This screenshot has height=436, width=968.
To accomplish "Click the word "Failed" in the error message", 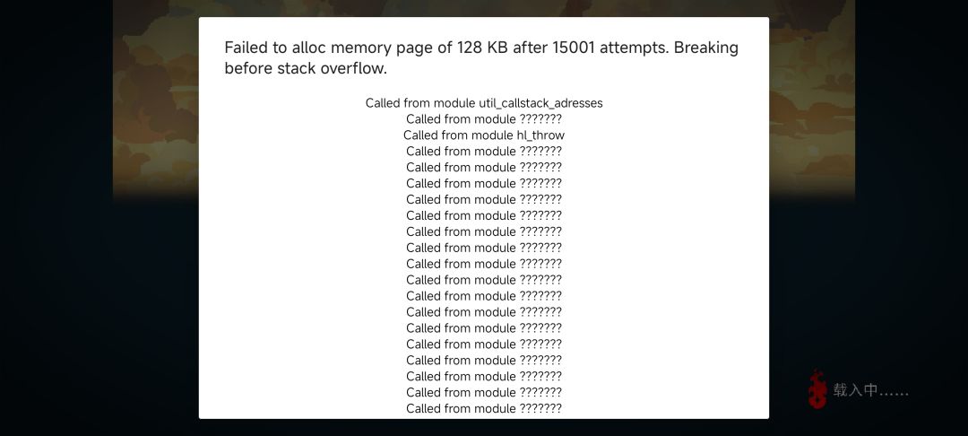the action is [x=244, y=48].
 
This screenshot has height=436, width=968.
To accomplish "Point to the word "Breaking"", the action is [x=706, y=48].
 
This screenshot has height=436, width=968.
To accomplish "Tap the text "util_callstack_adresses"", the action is [x=540, y=103].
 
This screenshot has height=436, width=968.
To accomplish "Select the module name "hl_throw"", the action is [x=540, y=135].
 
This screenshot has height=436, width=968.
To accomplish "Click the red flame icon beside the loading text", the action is [x=818, y=389].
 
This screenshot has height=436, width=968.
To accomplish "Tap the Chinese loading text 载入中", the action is [x=855, y=390].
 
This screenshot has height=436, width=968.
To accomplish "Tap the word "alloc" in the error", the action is [x=308, y=48].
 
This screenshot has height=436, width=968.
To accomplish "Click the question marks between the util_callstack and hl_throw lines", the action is [x=540, y=119].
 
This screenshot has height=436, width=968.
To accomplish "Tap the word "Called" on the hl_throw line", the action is [x=420, y=135].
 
